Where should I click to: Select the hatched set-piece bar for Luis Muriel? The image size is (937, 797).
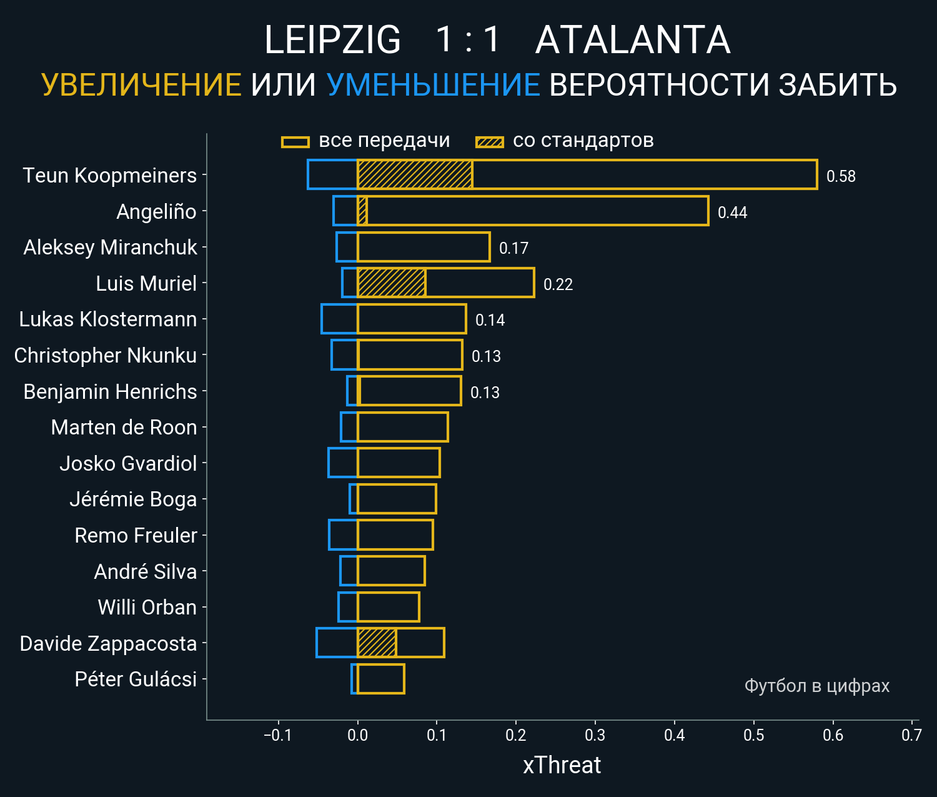pyautogui.click(x=392, y=283)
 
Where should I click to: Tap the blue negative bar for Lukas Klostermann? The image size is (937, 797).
pyautogui.click(x=339, y=319)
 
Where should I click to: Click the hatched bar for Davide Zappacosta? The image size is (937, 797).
pyautogui.click(x=377, y=643)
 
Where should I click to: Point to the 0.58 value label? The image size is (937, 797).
pyautogui.click(x=841, y=176)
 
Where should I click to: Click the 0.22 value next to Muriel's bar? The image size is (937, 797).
pyautogui.click(x=558, y=284)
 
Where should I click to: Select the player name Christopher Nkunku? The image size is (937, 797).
pyautogui.click(x=106, y=355)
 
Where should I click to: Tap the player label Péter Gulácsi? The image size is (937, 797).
pyautogui.click(x=136, y=679)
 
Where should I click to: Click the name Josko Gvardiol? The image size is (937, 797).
pyautogui.click(x=128, y=463)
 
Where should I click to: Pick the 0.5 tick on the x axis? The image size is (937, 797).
pyautogui.click(x=753, y=735)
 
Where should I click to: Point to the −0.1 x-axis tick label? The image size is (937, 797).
pyautogui.click(x=277, y=735)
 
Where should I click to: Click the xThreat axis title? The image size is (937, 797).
pyautogui.click(x=562, y=765)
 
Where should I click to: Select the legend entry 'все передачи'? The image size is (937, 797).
pyautogui.click(x=384, y=141)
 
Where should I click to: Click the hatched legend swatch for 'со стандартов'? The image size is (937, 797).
pyautogui.click(x=489, y=142)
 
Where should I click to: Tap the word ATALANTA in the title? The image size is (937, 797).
pyautogui.click(x=633, y=40)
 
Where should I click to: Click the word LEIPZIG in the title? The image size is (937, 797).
pyautogui.click(x=332, y=40)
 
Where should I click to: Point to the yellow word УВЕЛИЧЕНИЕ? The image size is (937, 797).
pyautogui.click(x=141, y=85)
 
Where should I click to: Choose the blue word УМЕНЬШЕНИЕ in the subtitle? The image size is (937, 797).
pyautogui.click(x=433, y=85)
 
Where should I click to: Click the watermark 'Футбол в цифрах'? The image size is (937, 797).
pyautogui.click(x=816, y=686)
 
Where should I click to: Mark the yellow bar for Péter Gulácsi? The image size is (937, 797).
pyautogui.click(x=381, y=679)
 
